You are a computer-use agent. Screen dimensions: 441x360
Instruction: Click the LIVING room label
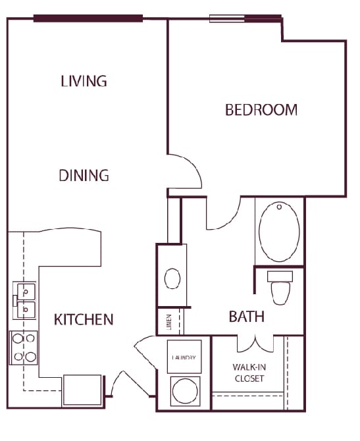pyautogui.click(x=84, y=82)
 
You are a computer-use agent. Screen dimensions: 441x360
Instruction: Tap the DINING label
pyautogui.click(x=84, y=176)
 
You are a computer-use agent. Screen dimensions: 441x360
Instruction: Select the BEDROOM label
pyautogui.click(x=261, y=110)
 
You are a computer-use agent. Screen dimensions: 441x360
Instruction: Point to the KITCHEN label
pyautogui.click(x=84, y=320)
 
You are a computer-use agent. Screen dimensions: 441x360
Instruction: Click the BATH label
pyautogui.click(x=247, y=317)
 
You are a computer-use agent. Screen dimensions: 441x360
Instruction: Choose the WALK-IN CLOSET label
pyautogui.click(x=248, y=373)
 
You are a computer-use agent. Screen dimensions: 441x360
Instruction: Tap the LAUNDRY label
pyautogui.click(x=184, y=358)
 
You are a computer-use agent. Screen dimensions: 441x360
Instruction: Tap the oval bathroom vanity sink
pyautogui.click(x=172, y=278)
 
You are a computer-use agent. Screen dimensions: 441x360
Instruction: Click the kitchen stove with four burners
pyautogui.click(x=24, y=348)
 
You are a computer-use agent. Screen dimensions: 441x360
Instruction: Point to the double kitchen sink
pyautogui.click(x=25, y=301)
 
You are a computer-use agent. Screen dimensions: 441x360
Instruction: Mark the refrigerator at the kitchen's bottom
pyautogui.click(x=82, y=390)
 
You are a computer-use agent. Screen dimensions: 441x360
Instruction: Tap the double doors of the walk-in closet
pyautogui.click(x=255, y=343)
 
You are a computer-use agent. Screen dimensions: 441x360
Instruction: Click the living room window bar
pyautogui.click(x=88, y=18)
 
